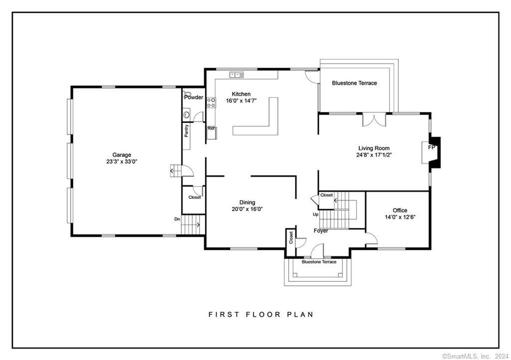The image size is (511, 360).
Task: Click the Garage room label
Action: (121, 155)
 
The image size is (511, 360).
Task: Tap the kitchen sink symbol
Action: (236, 75)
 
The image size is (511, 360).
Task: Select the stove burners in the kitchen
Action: (211, 103)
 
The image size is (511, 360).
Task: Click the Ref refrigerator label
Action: (211, 129)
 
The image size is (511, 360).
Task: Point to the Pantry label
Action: (187, 131)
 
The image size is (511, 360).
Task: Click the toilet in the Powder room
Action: (188, 93)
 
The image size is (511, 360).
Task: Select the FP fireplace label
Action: (432, 148)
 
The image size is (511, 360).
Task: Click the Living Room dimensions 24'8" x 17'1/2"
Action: (374, 155)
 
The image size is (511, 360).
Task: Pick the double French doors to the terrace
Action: (374, 120)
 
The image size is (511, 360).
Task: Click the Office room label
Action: (400, 210)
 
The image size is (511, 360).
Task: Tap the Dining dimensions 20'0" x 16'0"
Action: (247, 209)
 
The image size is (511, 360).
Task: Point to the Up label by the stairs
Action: (315, 214)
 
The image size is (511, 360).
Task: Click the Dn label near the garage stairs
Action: (177, 219)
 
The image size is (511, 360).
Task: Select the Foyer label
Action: (321, 231)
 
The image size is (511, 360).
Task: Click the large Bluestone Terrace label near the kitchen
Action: (354, 83)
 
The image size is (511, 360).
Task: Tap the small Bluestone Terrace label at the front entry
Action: (319, 262)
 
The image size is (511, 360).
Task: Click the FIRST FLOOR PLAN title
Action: (260, 315)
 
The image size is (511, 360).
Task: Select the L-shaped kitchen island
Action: (259, 125)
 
